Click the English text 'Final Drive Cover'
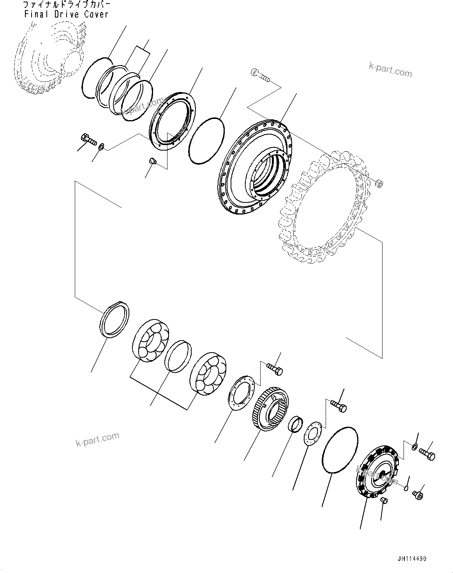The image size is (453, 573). pyautogui.click(x=66, y=14)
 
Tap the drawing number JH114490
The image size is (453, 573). pyautogui.click(x=412, y=559)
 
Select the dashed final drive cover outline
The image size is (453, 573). pyautogui.click(x=49, y=59)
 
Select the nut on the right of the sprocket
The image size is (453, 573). pyautogui.click(x=380, y=183)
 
